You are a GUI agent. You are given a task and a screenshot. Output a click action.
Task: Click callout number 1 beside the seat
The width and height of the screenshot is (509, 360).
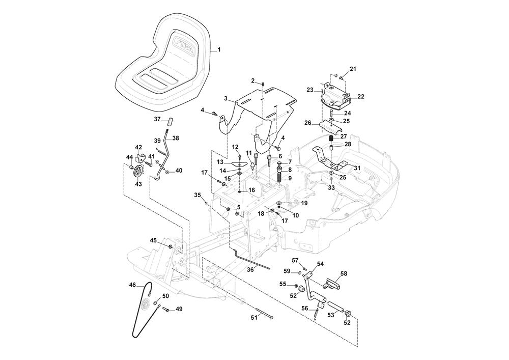pyautogui.click(x=219, y=49)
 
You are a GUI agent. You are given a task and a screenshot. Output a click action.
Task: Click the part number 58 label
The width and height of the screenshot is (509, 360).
pyautogui.click(x=344, y=273)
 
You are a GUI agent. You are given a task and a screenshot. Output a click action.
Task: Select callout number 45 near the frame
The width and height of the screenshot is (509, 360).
pyautogui.click(x=153, y=240)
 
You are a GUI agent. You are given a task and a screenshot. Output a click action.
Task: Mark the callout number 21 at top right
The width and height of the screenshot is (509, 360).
pyautogui.click(x=353, y=69)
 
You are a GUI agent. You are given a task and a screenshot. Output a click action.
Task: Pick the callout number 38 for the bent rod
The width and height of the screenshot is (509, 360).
pyautogui.click(x=176, y=138)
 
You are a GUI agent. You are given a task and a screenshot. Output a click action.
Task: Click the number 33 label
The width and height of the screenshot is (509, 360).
pyautogui.click(x=331, y=188)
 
